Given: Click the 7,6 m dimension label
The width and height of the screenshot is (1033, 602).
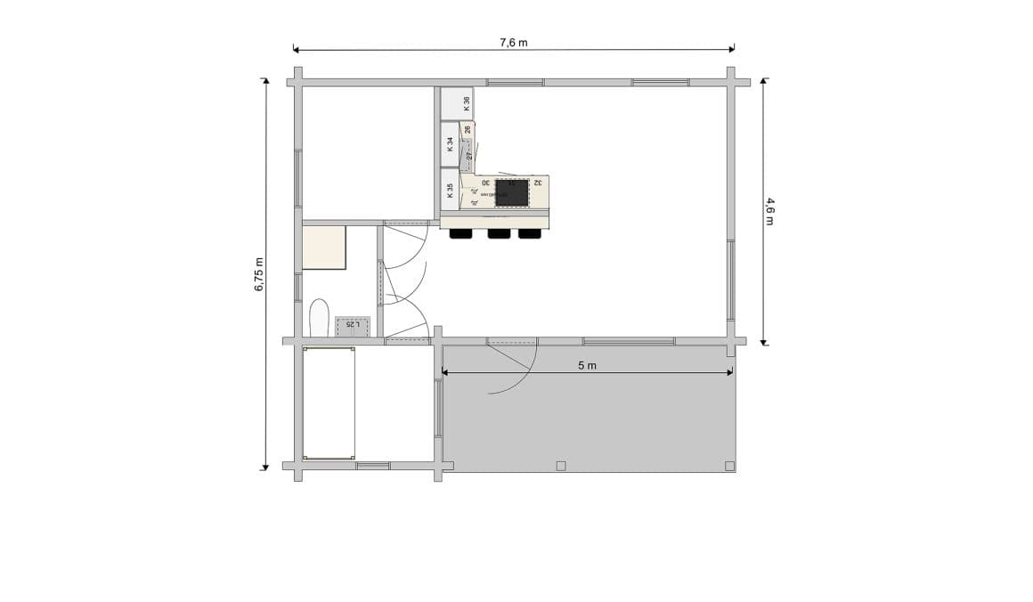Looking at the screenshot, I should coord(513,42).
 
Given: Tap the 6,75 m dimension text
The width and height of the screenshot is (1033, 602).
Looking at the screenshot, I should coord(259,274).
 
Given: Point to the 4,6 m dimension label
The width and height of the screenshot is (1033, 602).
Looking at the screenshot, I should coord(769,211).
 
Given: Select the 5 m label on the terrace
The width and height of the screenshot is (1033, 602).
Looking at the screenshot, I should coord(587,365).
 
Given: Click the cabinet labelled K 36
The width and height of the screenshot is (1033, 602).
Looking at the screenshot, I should coord(458,102).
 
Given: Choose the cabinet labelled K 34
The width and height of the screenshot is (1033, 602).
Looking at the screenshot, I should coord(450,144).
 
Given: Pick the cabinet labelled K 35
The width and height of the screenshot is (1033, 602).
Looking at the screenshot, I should coord(450,190).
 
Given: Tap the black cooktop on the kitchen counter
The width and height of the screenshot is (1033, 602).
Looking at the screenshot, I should coord(513,192).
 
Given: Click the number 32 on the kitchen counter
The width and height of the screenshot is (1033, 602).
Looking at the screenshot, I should coord(539,183).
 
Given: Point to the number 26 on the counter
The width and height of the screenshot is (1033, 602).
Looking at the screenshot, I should coord(468,130).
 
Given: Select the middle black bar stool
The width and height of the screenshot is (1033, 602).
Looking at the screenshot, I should coord(499,233).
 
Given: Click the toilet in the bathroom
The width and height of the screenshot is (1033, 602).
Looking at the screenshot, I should coord(319,319).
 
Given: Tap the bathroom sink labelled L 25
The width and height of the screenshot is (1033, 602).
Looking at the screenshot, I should coord(354,326).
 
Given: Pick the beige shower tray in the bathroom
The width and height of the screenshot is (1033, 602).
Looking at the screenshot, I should coord(324,248).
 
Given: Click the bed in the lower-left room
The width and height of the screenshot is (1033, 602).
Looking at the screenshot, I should coord(329,403).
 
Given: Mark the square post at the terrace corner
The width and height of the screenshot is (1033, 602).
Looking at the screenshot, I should coord(729,466).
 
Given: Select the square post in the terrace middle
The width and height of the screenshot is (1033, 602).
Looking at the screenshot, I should coord(560,466).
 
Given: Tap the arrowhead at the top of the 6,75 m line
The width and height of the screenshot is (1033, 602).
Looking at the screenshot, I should coord(264,81).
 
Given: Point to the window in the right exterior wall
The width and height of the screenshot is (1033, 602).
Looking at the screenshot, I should coord(730,281).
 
